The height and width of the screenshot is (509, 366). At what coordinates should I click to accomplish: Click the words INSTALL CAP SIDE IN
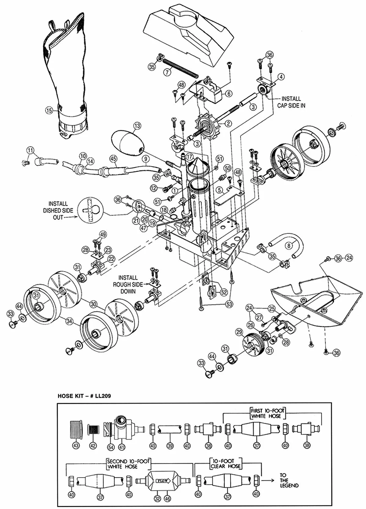(291, 102)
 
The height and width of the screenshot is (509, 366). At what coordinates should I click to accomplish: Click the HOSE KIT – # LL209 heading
(84, 397)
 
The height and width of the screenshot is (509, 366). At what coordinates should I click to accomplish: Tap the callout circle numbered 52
(224, 292)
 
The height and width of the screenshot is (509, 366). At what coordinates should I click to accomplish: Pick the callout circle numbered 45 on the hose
(113, 158)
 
